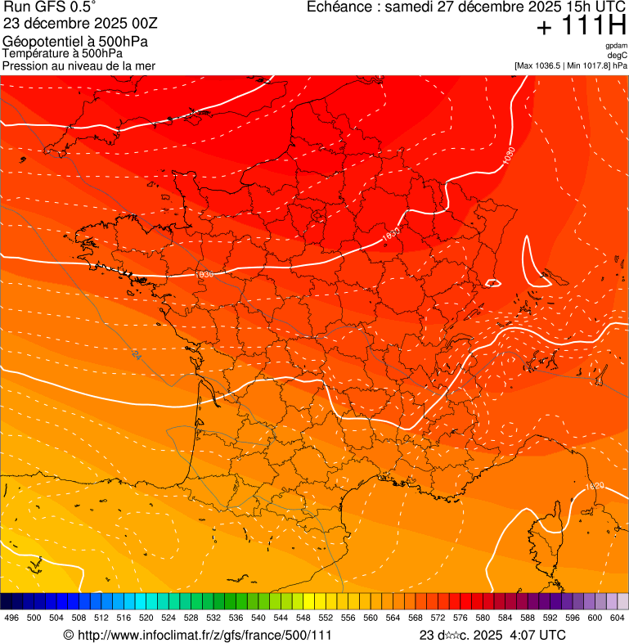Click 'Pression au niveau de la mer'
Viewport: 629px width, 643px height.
click(x=79, y=65)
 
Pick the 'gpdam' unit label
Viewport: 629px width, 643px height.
click(x=616, y=46)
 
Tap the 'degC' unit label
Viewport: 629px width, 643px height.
click(x=618, y=56)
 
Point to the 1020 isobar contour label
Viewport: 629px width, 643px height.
click(x=595, y=487)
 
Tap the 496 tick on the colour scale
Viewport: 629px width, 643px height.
click(x=11, y=618)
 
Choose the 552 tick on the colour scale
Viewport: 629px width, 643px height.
click(x=325, y=618)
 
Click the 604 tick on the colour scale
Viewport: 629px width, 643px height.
click(x=618, y=618)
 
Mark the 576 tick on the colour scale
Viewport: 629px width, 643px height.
click(x=460, y=618)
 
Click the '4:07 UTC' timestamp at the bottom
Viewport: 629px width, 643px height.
click(x=536, y=635)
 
